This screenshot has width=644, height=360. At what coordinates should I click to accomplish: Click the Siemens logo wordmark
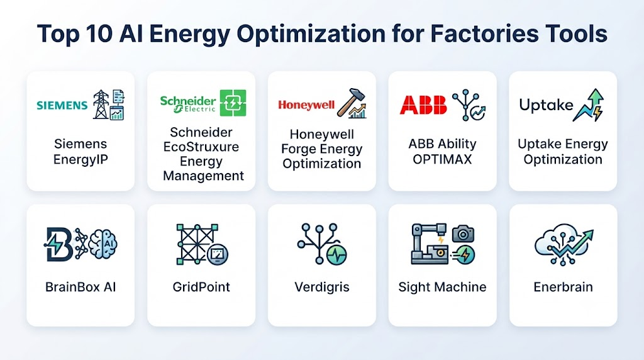click(62, 106)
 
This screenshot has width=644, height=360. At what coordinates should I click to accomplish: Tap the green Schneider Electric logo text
click(187, 104)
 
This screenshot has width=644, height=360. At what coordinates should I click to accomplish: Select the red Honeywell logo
click(306, 105)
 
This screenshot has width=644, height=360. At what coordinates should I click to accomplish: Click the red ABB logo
click(423, 105)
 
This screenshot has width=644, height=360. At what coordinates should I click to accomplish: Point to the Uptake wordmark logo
click(546, 105)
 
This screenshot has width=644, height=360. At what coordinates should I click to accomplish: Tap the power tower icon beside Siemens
click(101, 104)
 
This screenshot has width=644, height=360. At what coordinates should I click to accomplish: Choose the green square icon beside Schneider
click(233, 103)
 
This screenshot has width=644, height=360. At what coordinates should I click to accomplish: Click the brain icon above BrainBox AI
click(103, 244)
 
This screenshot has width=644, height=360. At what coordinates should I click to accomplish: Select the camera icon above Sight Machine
click(464, 233)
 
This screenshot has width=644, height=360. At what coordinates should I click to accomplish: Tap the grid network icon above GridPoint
click(197, 244)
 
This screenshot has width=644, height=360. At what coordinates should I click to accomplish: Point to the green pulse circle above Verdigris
click(337, 255)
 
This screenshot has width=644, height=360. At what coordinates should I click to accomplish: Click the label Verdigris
click(322, 287)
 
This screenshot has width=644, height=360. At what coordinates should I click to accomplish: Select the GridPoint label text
click(201, 287)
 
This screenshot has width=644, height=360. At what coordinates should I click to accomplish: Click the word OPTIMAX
click(442, 159)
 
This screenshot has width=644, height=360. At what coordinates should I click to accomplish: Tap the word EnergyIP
click(80, 159)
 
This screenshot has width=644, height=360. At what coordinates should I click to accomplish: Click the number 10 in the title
click(99, 33)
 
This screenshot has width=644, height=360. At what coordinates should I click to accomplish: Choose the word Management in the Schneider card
click(203, 176)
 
